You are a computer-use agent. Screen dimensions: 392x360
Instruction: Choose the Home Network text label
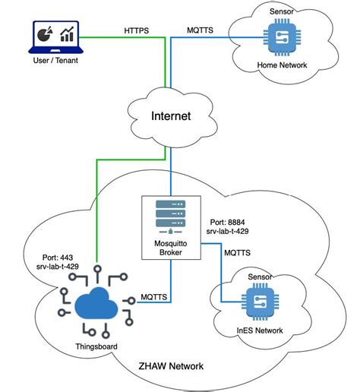[x=283, y=65]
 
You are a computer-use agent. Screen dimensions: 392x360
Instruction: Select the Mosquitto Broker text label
[x=165, y=251]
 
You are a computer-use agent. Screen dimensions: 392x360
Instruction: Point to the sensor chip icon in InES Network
[x=259, y=301]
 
